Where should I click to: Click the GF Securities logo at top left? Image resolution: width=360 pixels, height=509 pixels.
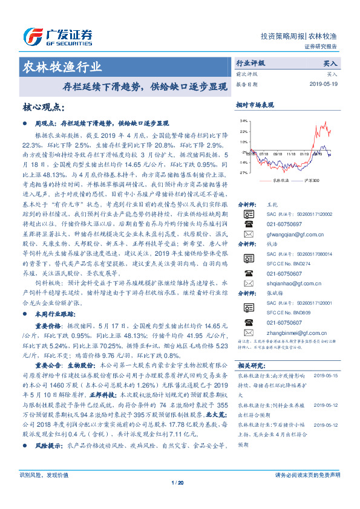click(x=57, y=34)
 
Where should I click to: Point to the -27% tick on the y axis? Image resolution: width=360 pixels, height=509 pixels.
click(x=243, y=173)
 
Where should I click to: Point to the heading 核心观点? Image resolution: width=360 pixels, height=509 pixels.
click(x=43, y=107)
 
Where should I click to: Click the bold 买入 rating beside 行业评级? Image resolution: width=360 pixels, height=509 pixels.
click(x=330, y=63)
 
